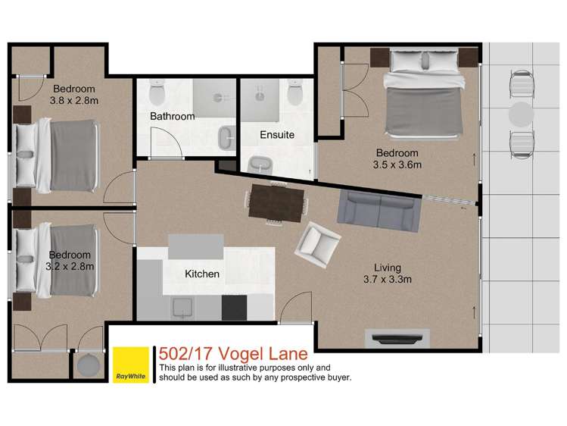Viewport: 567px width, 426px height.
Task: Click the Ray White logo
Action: [131, 365]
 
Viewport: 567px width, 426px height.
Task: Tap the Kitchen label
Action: [202, 274]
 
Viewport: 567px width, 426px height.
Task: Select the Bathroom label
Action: [172, 116]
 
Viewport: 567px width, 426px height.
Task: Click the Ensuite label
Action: [276, 135]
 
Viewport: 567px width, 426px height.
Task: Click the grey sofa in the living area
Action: [379, 211]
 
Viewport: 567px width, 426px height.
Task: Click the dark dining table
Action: [276, 202]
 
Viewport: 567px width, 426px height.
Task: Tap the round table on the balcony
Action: [521, 114]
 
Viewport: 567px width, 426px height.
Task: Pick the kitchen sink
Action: [182, 307]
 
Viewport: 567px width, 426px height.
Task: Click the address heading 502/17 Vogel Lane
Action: [233, 353]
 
